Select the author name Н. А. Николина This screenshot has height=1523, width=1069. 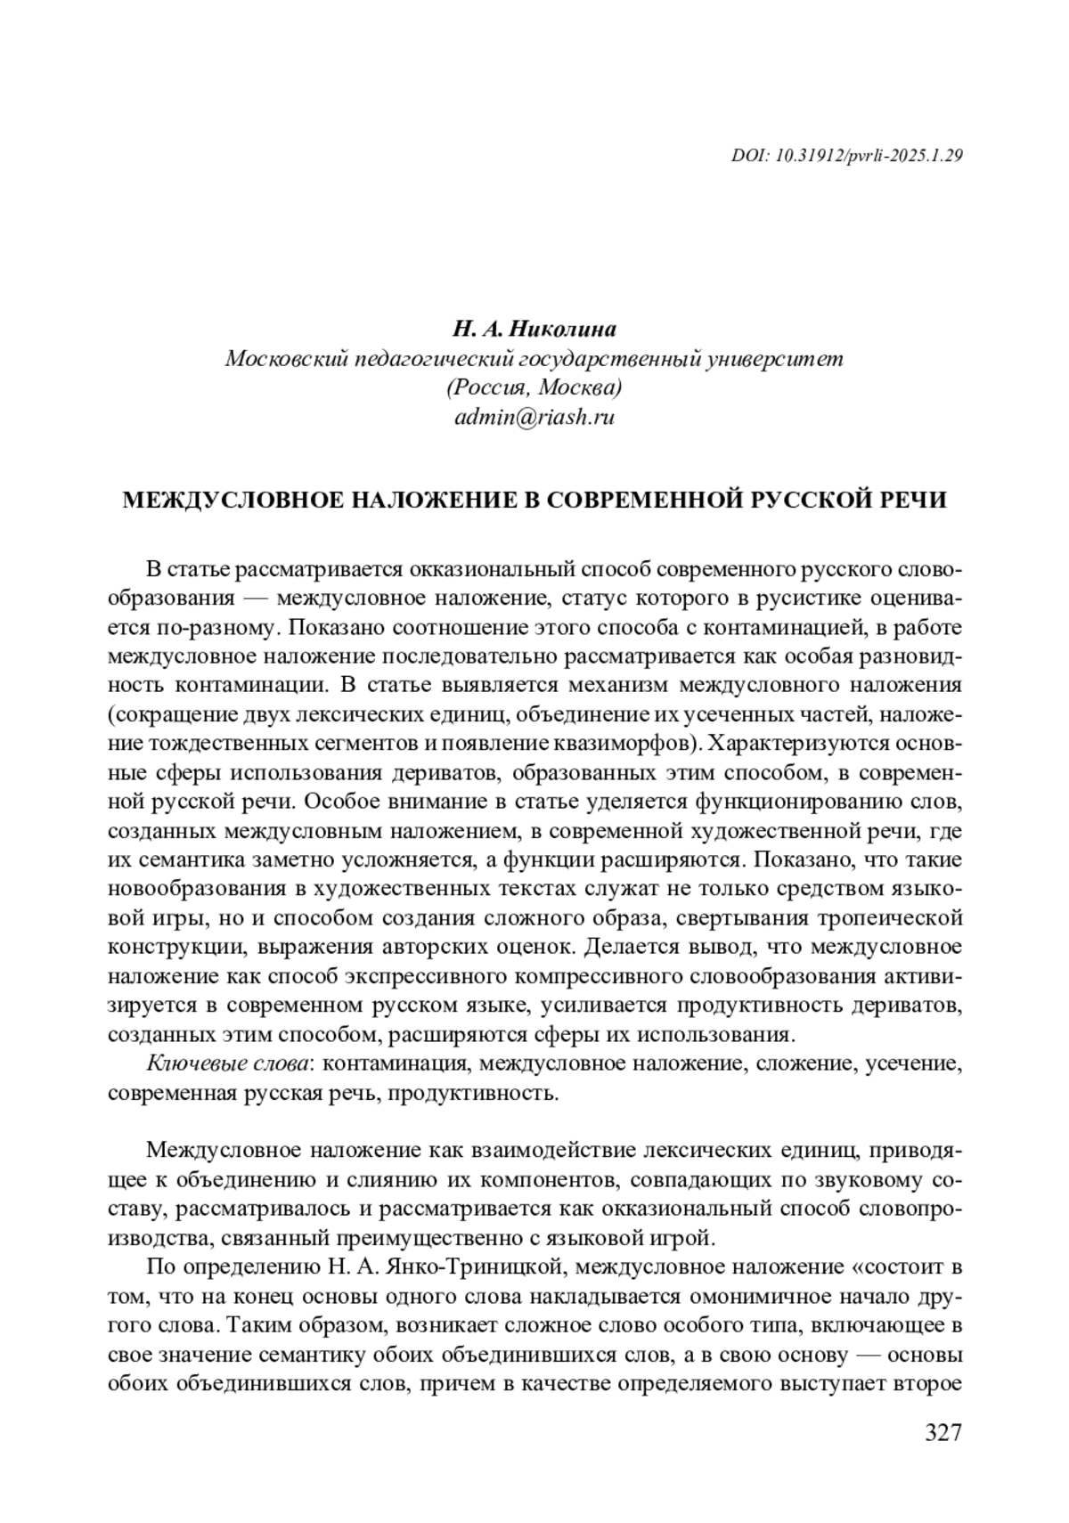[x=534, y=330]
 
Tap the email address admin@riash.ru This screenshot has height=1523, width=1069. [x=534, y=417]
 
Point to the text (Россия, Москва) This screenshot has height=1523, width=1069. [x=534, y=388]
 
